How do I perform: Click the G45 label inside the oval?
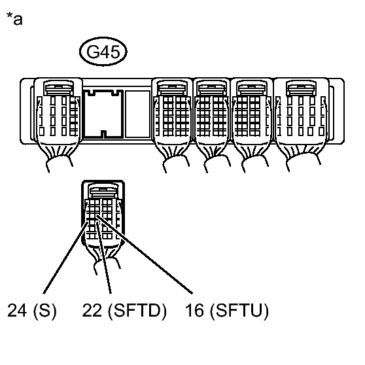click(103, 52)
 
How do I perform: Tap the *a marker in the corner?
click(14, 18)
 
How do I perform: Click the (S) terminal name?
click(45, 311)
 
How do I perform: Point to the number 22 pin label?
click(92, 310)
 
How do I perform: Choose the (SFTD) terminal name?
click(137, 311)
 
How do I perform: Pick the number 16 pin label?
click(195, 310)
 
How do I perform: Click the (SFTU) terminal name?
click(239, 311)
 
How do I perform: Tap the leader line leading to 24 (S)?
click(65, 258)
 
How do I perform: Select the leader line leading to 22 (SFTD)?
click(104, 258)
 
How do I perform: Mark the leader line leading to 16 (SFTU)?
click(145, 254)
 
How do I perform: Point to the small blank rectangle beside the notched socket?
click(138, 114)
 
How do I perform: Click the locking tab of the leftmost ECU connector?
click(58, 88)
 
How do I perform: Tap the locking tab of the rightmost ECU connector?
click(301, 88)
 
